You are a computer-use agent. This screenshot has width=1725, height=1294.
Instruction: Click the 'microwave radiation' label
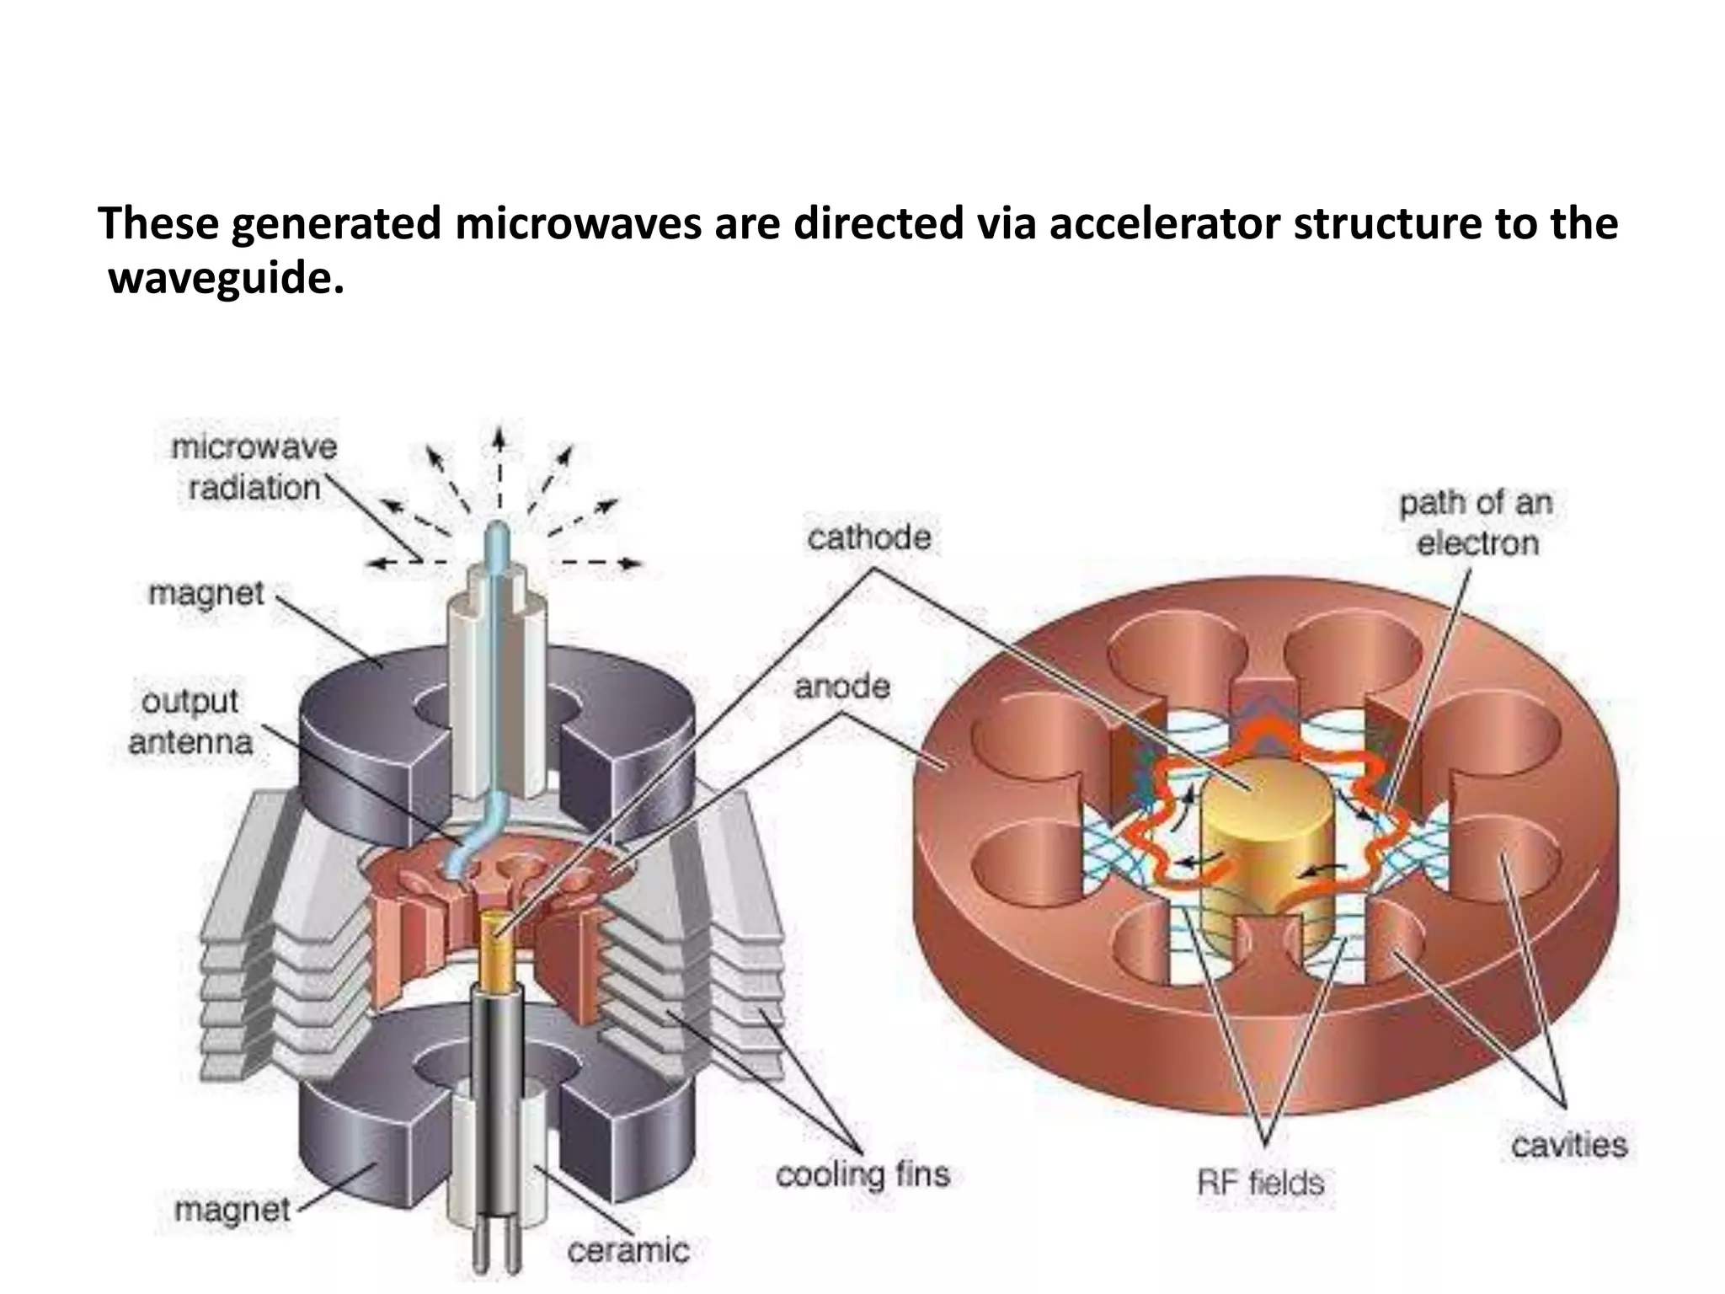click(x=254, y=468)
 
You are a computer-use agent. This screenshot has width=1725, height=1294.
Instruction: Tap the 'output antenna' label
click(x=190, y=722)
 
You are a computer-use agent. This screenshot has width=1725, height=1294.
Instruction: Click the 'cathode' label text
click(x=868, y=537)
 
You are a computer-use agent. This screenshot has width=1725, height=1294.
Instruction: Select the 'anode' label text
click(x=841, y=687)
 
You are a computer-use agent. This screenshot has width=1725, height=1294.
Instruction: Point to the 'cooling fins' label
click(x=862, y=1174)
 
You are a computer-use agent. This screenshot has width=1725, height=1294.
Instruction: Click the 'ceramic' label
click(x=628, y=1250)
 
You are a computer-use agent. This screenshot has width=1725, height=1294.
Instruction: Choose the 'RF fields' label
click(x=1260, y=1183)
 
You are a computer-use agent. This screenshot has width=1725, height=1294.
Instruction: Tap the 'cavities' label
click(x=1569, y=1145)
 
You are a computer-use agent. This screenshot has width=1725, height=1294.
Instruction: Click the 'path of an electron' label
click(x=1477, y=523)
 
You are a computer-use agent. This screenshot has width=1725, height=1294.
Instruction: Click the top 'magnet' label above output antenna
click(x=206, y=593)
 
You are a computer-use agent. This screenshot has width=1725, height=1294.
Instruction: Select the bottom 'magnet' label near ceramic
click(x=232, y=1210)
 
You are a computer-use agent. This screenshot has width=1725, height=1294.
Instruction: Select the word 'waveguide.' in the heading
click(x=226, y=278)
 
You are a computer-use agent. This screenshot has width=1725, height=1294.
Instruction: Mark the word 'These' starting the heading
click(x=157, y=224)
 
